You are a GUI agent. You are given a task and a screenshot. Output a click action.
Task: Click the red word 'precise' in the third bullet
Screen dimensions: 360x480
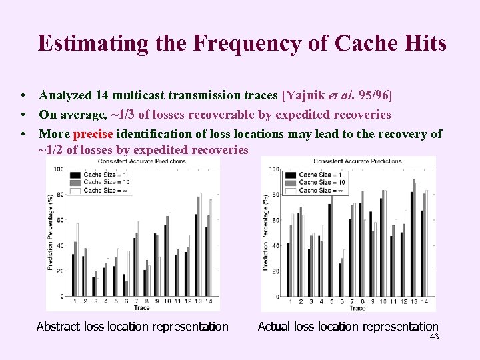(x=94, y=134)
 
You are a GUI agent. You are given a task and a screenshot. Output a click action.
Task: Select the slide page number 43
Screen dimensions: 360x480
(x=434, y=337)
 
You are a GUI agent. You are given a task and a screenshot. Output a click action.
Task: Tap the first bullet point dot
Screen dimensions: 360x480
(x=23, y=96)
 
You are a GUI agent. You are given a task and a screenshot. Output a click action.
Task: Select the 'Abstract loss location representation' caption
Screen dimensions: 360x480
(x=132, y=327)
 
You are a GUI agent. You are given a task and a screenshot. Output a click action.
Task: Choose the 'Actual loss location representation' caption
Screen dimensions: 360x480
(x=348, y=327)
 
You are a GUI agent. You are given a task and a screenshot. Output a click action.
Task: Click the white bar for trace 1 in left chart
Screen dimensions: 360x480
(x=77, y=260)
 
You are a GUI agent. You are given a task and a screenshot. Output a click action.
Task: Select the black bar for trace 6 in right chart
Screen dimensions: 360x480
(x=339, y=280)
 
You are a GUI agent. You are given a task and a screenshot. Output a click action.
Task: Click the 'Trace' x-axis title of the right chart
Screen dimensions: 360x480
(x=357, y=308)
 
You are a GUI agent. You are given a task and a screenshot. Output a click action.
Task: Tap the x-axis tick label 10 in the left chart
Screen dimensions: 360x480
(x=166, y=301)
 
